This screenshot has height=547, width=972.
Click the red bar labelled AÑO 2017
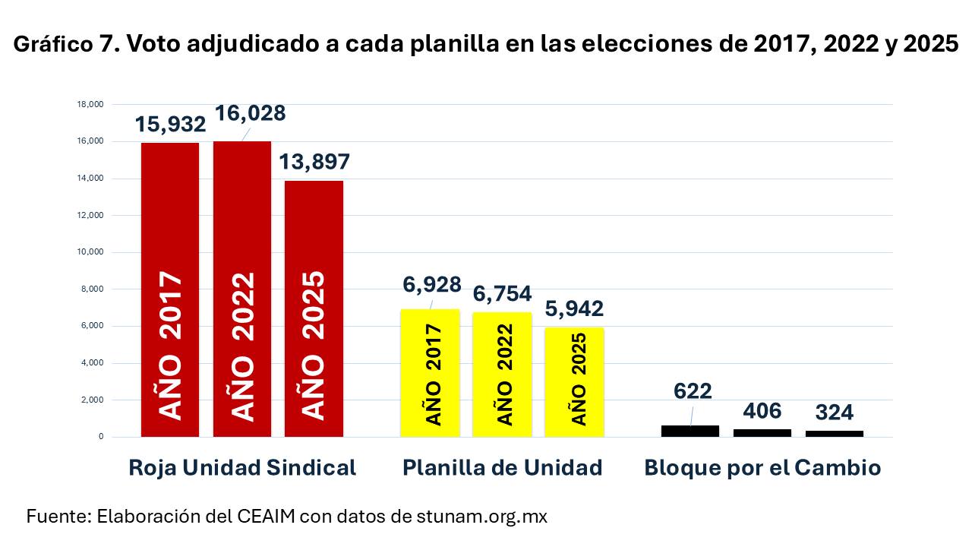[x=170, y=289]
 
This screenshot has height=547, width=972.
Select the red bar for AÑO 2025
[x=314, y=308]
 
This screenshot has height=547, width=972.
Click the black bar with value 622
[x=690, y=431]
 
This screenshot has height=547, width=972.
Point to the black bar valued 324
[x=834, y=433]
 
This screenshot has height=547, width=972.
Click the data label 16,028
[x=250, y=113]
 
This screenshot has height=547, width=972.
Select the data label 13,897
[x=314, y=162]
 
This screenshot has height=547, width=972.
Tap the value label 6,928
[x=432, y=285]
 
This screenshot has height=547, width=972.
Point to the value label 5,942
[x=575, y=308]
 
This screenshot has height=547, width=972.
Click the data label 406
[x=762, y=411]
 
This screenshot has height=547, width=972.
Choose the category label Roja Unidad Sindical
[x=242, y=467]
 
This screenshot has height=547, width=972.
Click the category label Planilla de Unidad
[x=502, y=467]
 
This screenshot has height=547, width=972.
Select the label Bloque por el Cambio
[x=762, y=467]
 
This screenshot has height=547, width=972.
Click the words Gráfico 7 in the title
[x=65, y=45]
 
